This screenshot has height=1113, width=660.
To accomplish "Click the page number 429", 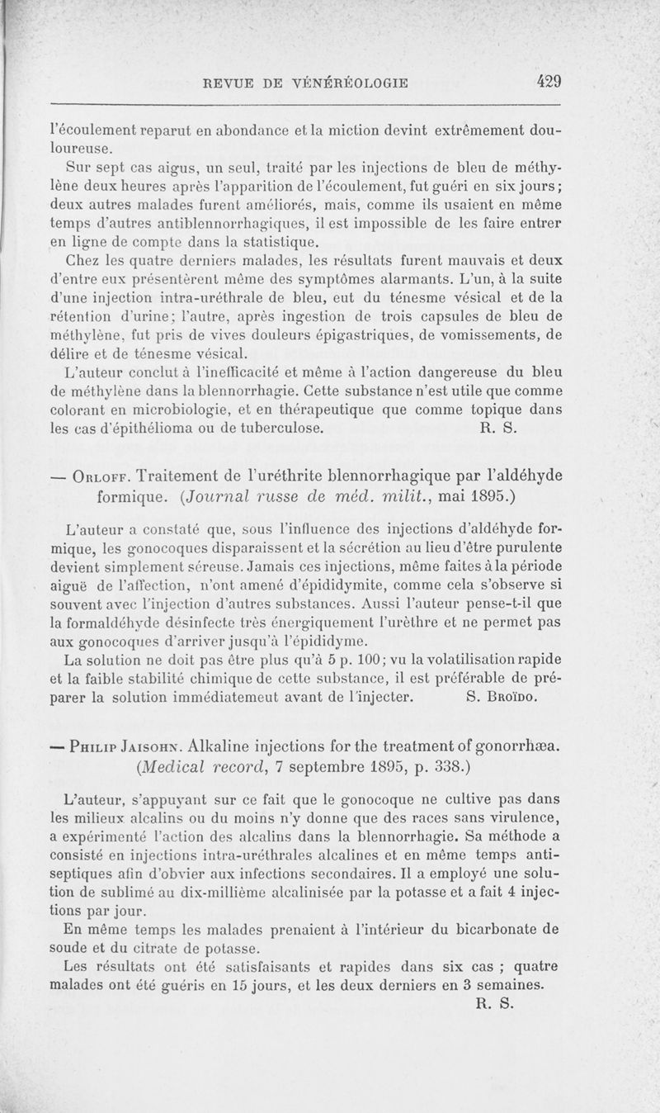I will (548, 81).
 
